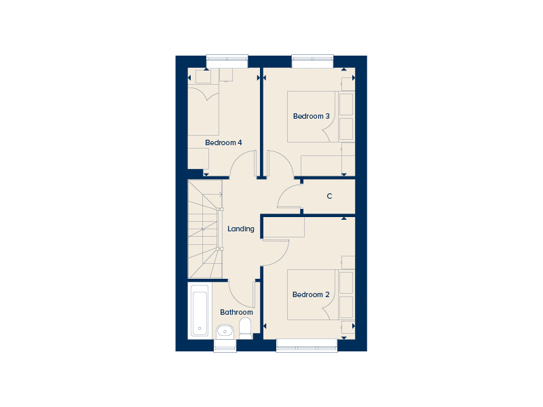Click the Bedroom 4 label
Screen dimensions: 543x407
point(223,142)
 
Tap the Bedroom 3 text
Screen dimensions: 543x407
point(312,116)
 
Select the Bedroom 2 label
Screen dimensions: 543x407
point(311,294)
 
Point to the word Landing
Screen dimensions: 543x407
point(241,229)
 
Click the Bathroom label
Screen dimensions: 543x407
point(236,312)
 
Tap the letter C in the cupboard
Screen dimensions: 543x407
point(329,196)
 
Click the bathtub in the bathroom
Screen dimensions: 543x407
point(200,310)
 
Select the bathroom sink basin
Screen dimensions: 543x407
point(225,332)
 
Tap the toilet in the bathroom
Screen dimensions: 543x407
point(246,329)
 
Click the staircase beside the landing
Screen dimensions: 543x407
point(205,229)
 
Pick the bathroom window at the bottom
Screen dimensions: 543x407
point(225,345)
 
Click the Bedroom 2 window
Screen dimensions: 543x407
point(307,345)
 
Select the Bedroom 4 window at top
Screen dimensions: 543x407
point(227,61)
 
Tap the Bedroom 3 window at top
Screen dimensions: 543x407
point(313,61)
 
